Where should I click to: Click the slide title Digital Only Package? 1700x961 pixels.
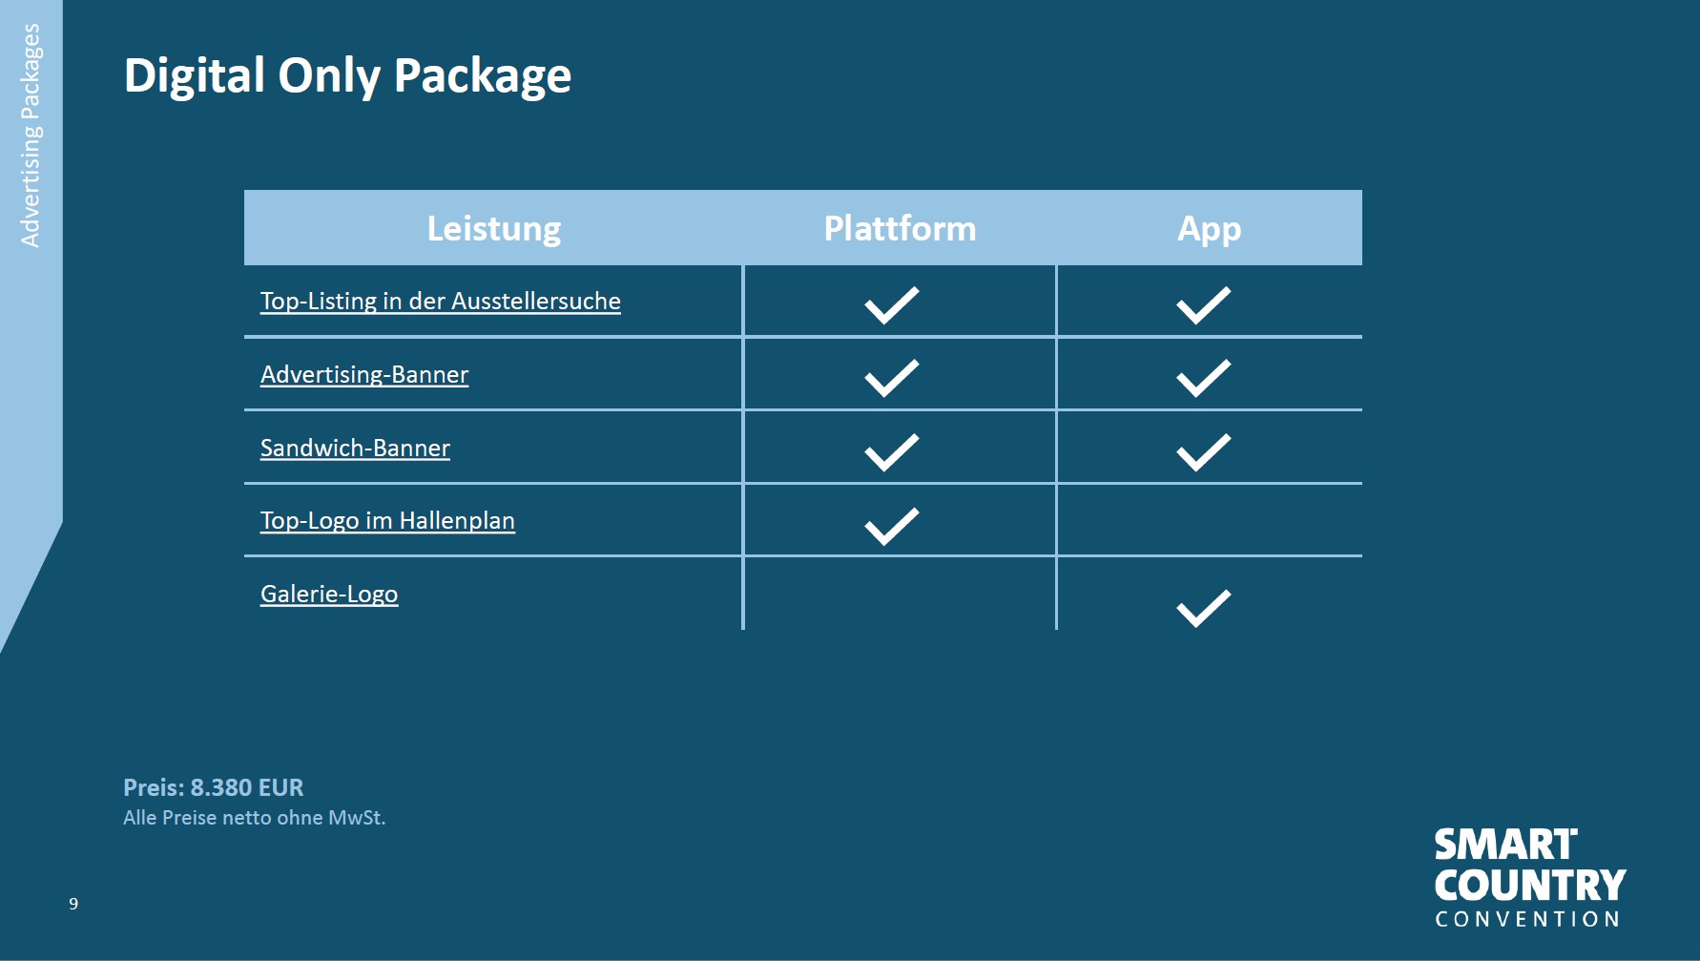pos(347,76)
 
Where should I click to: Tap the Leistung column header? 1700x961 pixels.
pos(494,229)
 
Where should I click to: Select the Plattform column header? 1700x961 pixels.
pos(900,228)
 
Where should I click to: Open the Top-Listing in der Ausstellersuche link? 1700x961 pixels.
pos(441,301)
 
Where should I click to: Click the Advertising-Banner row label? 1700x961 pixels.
pos(364,374)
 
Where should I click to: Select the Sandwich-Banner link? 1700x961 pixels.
pos(355,448)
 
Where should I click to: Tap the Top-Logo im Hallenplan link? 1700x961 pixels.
pos(387,520)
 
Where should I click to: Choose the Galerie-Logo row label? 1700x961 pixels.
pos(329,594)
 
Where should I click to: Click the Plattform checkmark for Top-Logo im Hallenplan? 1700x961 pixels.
pos(891,526)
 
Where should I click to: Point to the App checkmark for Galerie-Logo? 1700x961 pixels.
pos(1203,608)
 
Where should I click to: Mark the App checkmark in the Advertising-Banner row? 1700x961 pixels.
pos(1203,378)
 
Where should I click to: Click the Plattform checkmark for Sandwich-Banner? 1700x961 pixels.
pos(891,452)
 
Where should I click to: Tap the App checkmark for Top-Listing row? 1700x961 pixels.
pos(1203,305)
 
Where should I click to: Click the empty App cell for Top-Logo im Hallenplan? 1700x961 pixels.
pos(1210,520)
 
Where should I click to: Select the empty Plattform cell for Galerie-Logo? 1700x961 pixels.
pos(900,594)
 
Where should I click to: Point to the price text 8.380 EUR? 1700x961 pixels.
pos(246,787)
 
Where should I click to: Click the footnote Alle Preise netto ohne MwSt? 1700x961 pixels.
pos(254,818)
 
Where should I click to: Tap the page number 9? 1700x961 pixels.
pos(73,904)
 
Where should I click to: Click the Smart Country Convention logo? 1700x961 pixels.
pos(1530,878)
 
